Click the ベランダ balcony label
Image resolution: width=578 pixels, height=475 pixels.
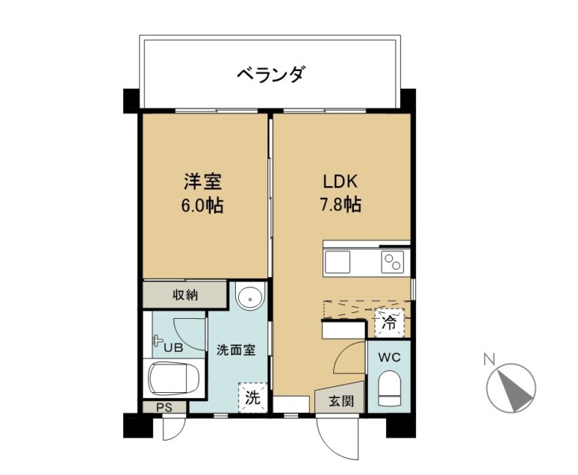point(271,74)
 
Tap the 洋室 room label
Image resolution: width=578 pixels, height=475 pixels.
point(202,181)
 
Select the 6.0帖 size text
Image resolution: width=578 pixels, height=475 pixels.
point(202,205)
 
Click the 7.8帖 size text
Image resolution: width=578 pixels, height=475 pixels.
point(341,205)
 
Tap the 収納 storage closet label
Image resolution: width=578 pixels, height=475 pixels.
point(185,295)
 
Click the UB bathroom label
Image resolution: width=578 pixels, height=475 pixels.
point(173,347)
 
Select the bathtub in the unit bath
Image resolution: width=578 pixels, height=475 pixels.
point(174,378)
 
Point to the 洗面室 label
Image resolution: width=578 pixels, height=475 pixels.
point(236,350)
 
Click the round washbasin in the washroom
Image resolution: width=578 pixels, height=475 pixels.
point(250,297)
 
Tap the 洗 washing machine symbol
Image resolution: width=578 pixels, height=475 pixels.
point(253,397)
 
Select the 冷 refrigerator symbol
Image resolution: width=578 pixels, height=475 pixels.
point(389,323)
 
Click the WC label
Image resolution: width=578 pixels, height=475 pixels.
point(389,357)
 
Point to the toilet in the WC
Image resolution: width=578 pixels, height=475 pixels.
point(389,388)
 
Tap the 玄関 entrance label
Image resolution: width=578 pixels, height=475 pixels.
point(341,401)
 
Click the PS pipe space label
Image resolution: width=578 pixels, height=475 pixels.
point(164,408)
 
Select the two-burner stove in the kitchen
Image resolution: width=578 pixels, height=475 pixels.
point(392,262)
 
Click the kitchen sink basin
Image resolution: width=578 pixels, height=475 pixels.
point(338,262)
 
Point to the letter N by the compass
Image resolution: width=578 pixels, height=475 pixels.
point(489,358)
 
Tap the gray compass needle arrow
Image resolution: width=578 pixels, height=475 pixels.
point(515,389)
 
